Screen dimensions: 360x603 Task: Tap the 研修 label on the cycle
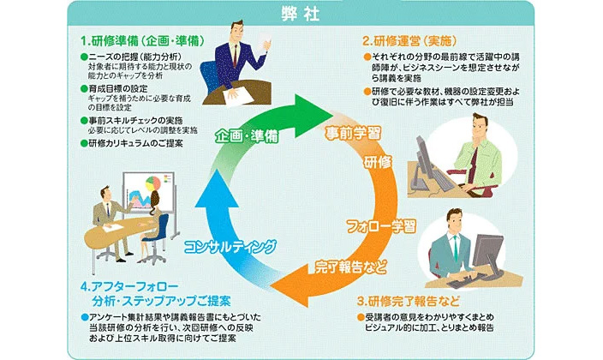coord(378,162)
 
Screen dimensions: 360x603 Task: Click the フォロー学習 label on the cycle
coord(380,226)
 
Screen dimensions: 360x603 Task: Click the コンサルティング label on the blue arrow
coord(231,246)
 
